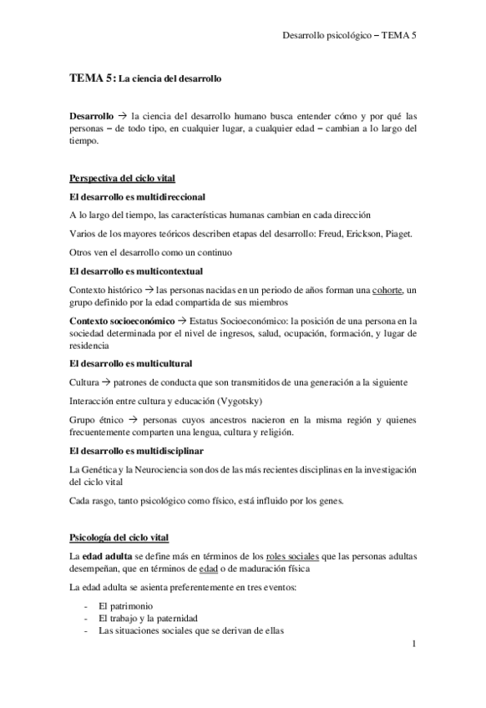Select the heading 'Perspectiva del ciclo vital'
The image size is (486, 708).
(121, 178)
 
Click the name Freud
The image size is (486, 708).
(319, 233)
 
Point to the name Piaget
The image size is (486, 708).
(396, 233)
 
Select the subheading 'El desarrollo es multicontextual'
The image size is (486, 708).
(136, 271)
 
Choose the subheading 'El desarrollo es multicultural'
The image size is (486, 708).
(131, 363)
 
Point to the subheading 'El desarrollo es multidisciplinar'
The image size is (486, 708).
(136, 451)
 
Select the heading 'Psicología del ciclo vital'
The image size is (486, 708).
(120, 535)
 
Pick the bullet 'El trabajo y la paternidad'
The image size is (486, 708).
(153, 618)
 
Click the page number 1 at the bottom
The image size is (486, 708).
(413, 645)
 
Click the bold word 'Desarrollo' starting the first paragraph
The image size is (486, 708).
(92, 117)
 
